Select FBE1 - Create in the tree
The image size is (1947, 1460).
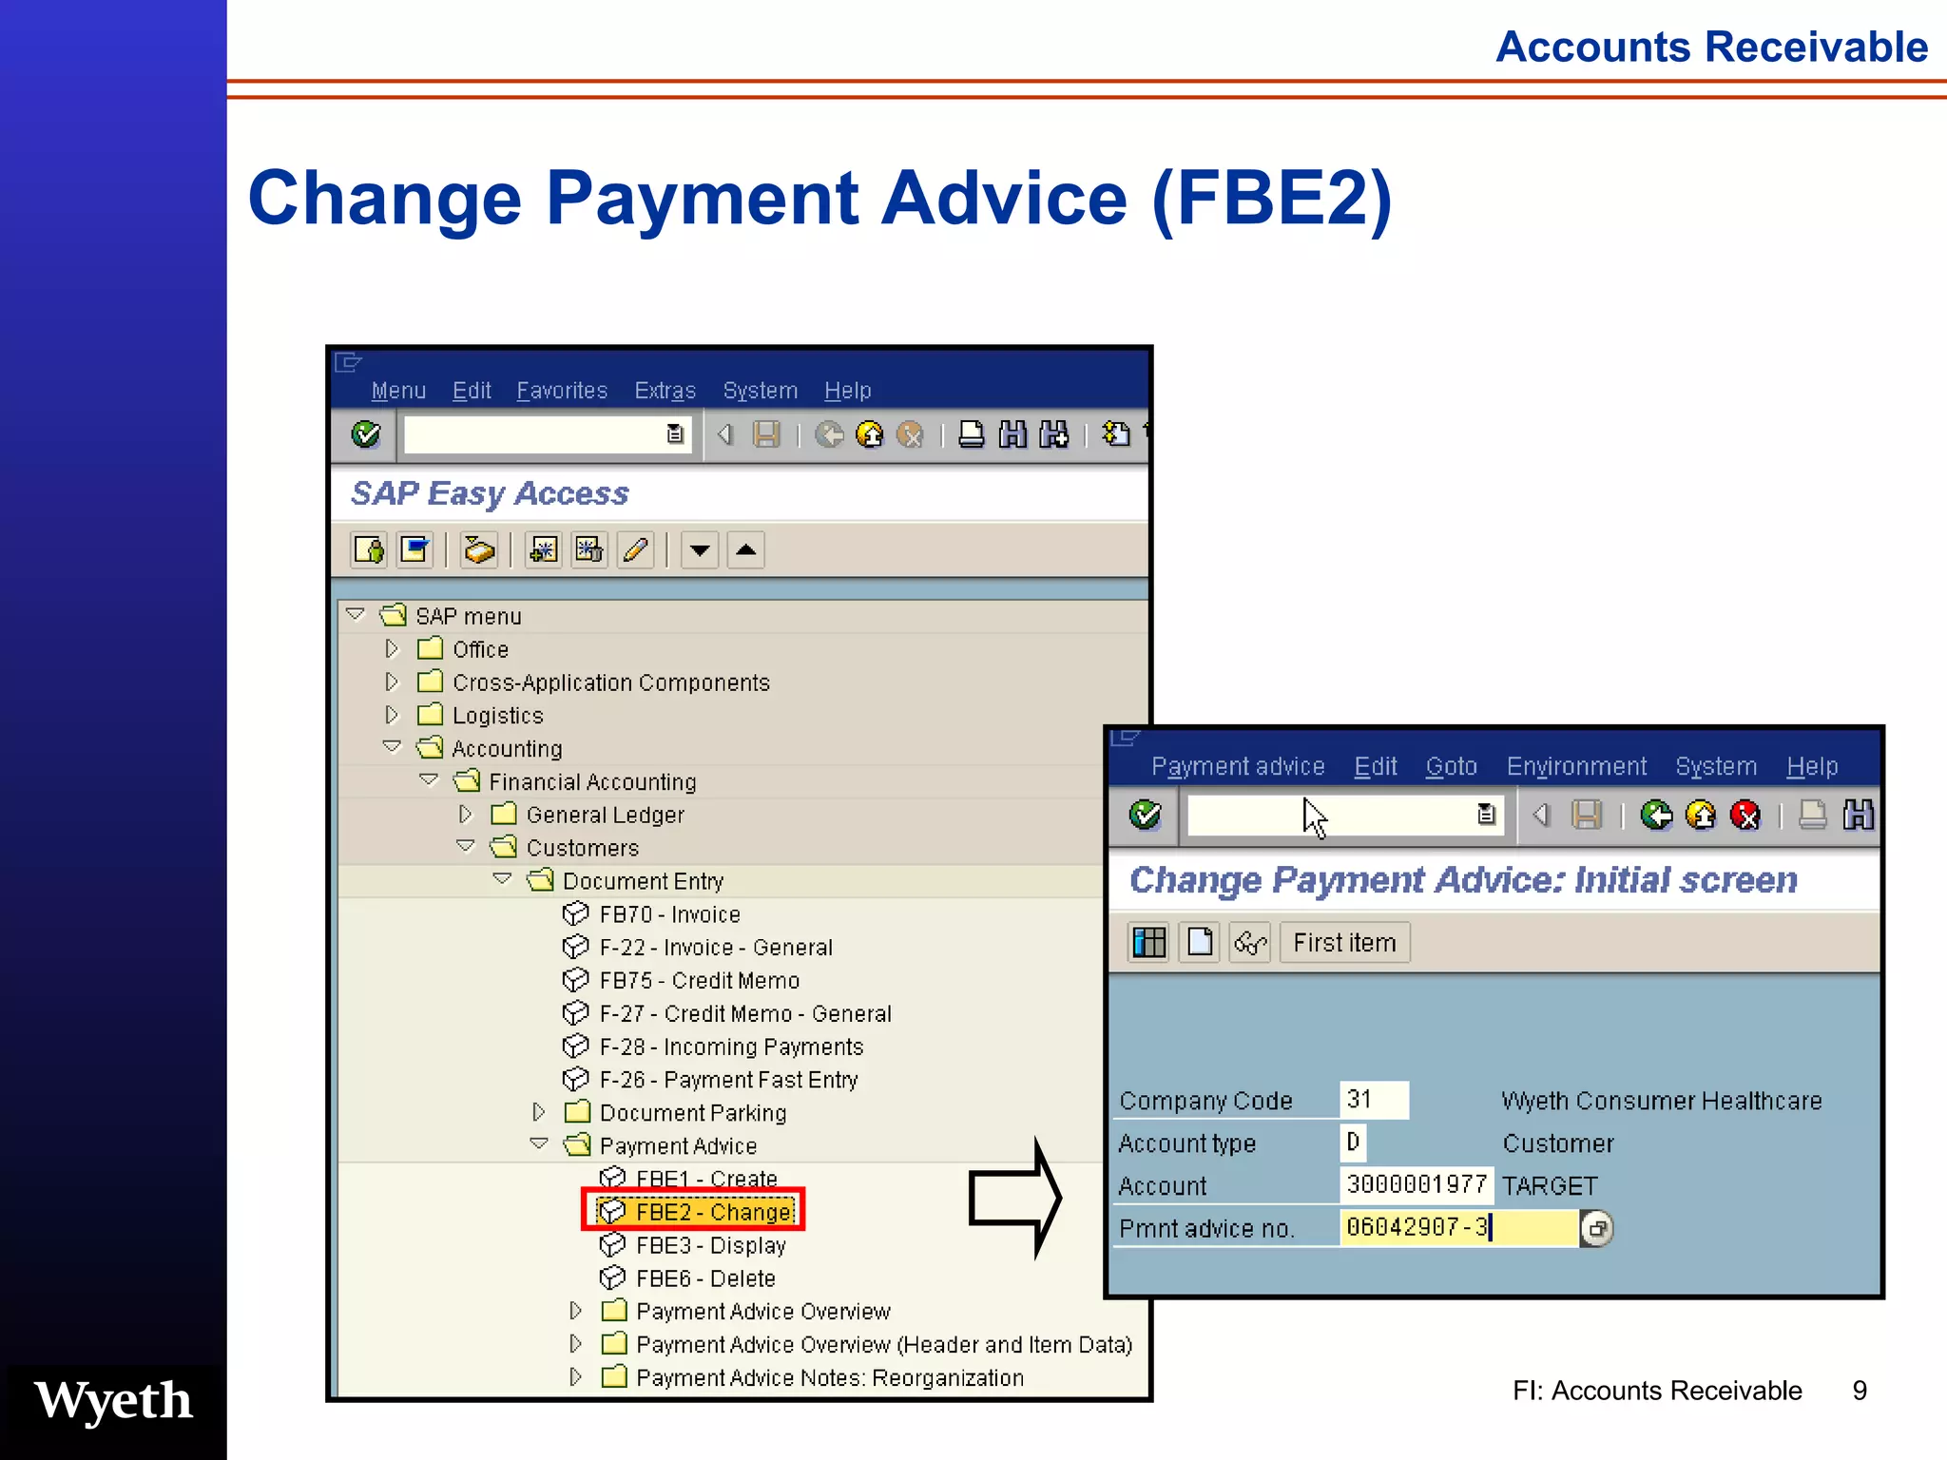(705, 1179)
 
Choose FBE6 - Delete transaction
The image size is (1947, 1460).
(705, 1278)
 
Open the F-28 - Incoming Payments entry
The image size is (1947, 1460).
(730, 1047)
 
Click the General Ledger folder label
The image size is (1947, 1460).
(605, 815)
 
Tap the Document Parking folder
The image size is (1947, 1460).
(692, 1112)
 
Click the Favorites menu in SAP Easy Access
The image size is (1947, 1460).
(561, 391)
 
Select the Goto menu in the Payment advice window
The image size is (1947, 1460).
(1451, 766)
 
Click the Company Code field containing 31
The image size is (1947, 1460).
(1373, 1100)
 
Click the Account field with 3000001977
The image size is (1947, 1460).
(1416, 1184)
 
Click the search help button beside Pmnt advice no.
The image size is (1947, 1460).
(1596, 1228)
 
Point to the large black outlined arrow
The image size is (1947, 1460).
(1014, 1198)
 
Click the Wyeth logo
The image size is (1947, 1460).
(114, 1401)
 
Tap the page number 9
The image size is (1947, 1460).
(1860, 1391)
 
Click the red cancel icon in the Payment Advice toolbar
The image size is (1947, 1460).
(1745, 815)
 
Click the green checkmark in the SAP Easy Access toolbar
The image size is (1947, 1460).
(366, 434)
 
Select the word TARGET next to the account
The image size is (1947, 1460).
(1550, 1185)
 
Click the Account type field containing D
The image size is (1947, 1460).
(1353, 1142)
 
